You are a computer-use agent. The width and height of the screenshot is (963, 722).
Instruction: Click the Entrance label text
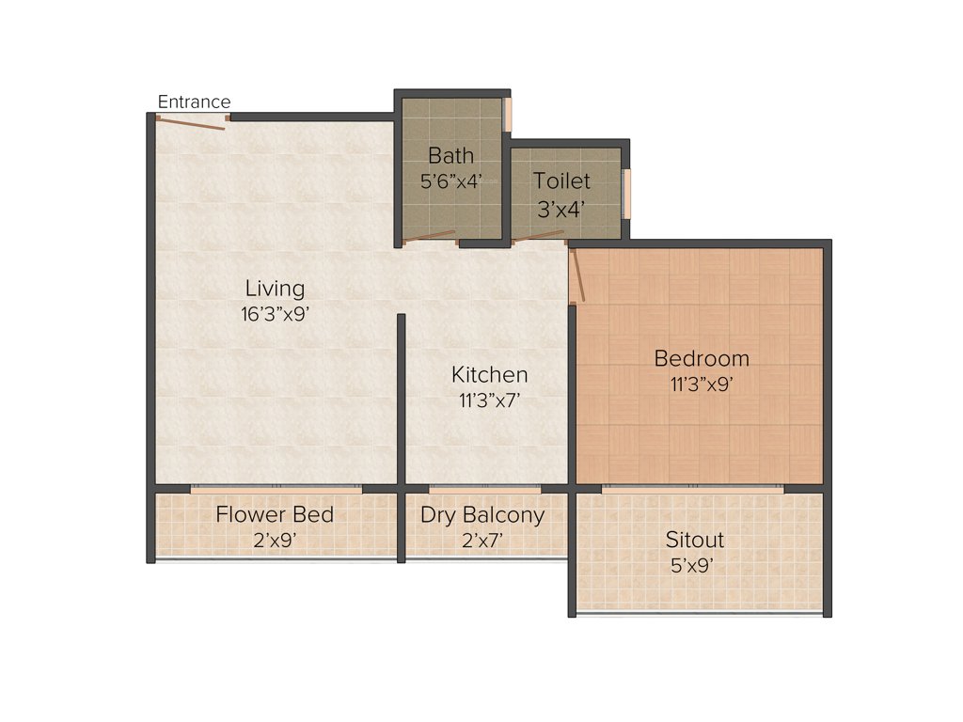coord(194,102)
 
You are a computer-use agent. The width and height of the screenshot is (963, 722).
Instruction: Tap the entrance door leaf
coord(191,122)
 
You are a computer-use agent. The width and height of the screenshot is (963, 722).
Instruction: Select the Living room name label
coord(275,288)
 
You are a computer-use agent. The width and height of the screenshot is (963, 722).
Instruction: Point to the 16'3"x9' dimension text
coord(275,314)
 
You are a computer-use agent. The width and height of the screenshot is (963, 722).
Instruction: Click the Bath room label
coord(450,155)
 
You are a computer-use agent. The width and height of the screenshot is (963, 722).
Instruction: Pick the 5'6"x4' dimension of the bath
coord(450,181)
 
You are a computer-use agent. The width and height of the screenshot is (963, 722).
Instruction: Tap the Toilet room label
coord(561,180)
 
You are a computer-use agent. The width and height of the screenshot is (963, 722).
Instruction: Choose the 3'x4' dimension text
coord(561,210)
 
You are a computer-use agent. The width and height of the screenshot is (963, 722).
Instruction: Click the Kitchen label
coord(489,374)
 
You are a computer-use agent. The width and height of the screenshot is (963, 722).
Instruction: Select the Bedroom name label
coord(702,358)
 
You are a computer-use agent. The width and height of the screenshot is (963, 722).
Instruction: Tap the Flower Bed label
coord(275,514)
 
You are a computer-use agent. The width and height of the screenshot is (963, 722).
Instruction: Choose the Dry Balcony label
coord(482,515)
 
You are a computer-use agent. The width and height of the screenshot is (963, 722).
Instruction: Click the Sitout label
coord(695,540)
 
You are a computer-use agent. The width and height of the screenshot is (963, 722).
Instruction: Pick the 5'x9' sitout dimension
coord(695,566)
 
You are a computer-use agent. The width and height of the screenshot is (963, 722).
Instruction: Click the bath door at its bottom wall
coord(431,237)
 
